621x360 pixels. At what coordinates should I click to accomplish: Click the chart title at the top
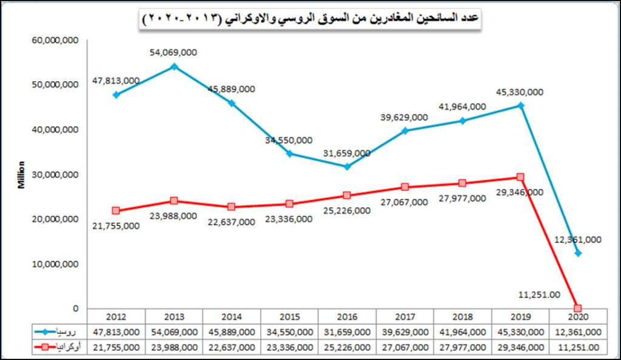311,19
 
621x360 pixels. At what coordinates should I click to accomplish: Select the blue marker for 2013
174,67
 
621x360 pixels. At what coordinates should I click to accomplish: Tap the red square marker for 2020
578,308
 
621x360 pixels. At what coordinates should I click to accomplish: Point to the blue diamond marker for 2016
347,166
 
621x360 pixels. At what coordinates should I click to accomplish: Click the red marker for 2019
520,177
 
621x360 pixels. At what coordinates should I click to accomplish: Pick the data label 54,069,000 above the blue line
173,53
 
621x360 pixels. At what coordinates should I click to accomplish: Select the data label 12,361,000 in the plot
577,239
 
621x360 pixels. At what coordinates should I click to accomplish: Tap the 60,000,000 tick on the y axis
55,40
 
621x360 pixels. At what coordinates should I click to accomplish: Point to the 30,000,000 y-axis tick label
55,175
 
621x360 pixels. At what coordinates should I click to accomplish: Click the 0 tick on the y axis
76,308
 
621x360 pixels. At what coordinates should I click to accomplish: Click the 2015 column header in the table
289,317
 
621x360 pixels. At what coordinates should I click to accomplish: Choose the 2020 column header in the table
578,317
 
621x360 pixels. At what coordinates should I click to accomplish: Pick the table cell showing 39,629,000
404,332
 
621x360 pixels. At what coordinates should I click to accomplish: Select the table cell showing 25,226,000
347,347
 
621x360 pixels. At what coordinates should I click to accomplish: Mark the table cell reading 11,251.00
578,347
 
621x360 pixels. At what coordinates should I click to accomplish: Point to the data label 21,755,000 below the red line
115,225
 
